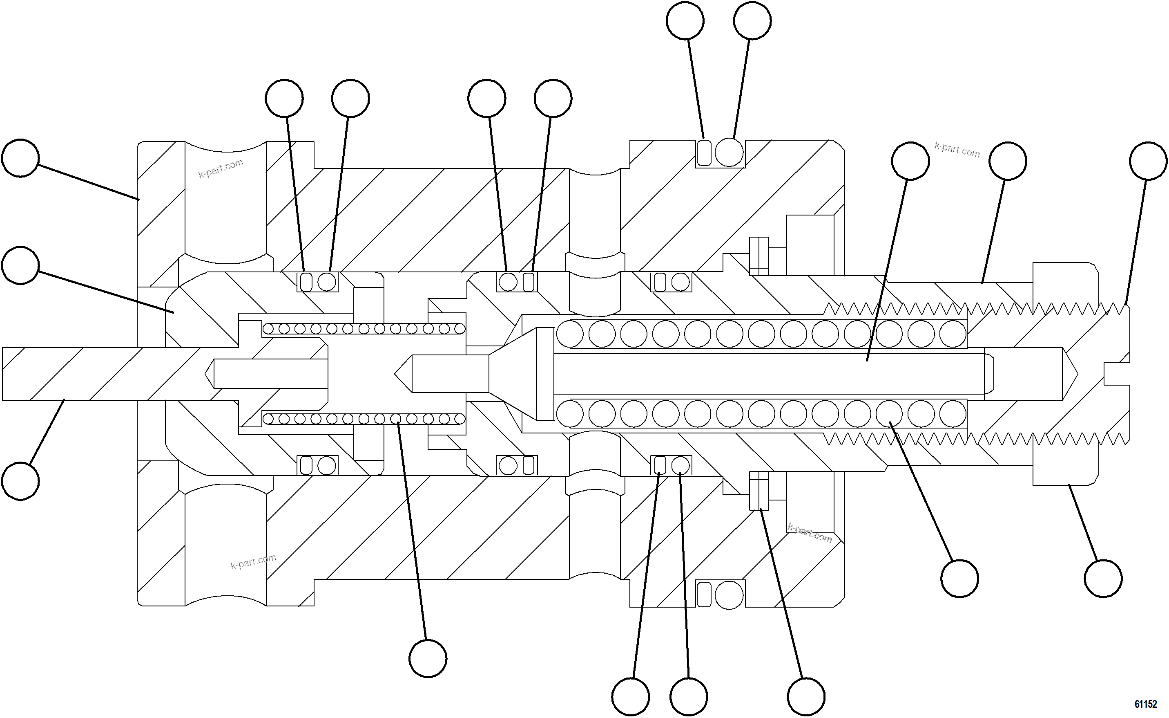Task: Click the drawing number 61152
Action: pyautogui.click(x=1145, y=704)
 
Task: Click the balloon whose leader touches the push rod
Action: pyautogui.click(x=20, y=481)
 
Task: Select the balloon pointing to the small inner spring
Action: pyautogui.click(x=428, y=658)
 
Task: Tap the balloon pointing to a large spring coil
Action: pyautogui.click(x=960, y=579)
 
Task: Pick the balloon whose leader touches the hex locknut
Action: pyautogui.click(x=1103, y=579)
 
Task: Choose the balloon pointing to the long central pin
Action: pyautogui.click(x=910, y=161)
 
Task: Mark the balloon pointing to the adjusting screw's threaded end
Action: pyautogui.click(x=1148, y=161)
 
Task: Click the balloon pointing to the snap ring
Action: pyautogui.click(x=806, y=697)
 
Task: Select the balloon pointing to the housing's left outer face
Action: pyautogui.click(x=20, y=158)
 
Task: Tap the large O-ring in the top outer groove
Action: pyautogui.click(x=729, y=153)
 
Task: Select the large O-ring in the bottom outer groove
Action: pyautogui.click(x=729, y=595)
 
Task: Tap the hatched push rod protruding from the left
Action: pyautogui.click(x=95, y=374)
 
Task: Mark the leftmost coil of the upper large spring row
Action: pyautogui.click(x=570, y=334)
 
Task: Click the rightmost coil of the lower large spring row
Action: pyautogui.click(x=953, y=414)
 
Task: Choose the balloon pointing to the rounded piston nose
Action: pyautogui.click(x=20, y=265)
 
